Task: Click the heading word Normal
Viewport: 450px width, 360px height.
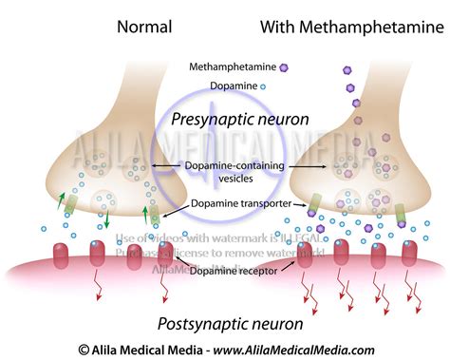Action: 144,26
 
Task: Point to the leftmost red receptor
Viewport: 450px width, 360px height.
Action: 59,254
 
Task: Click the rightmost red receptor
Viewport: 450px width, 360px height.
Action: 408,251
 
